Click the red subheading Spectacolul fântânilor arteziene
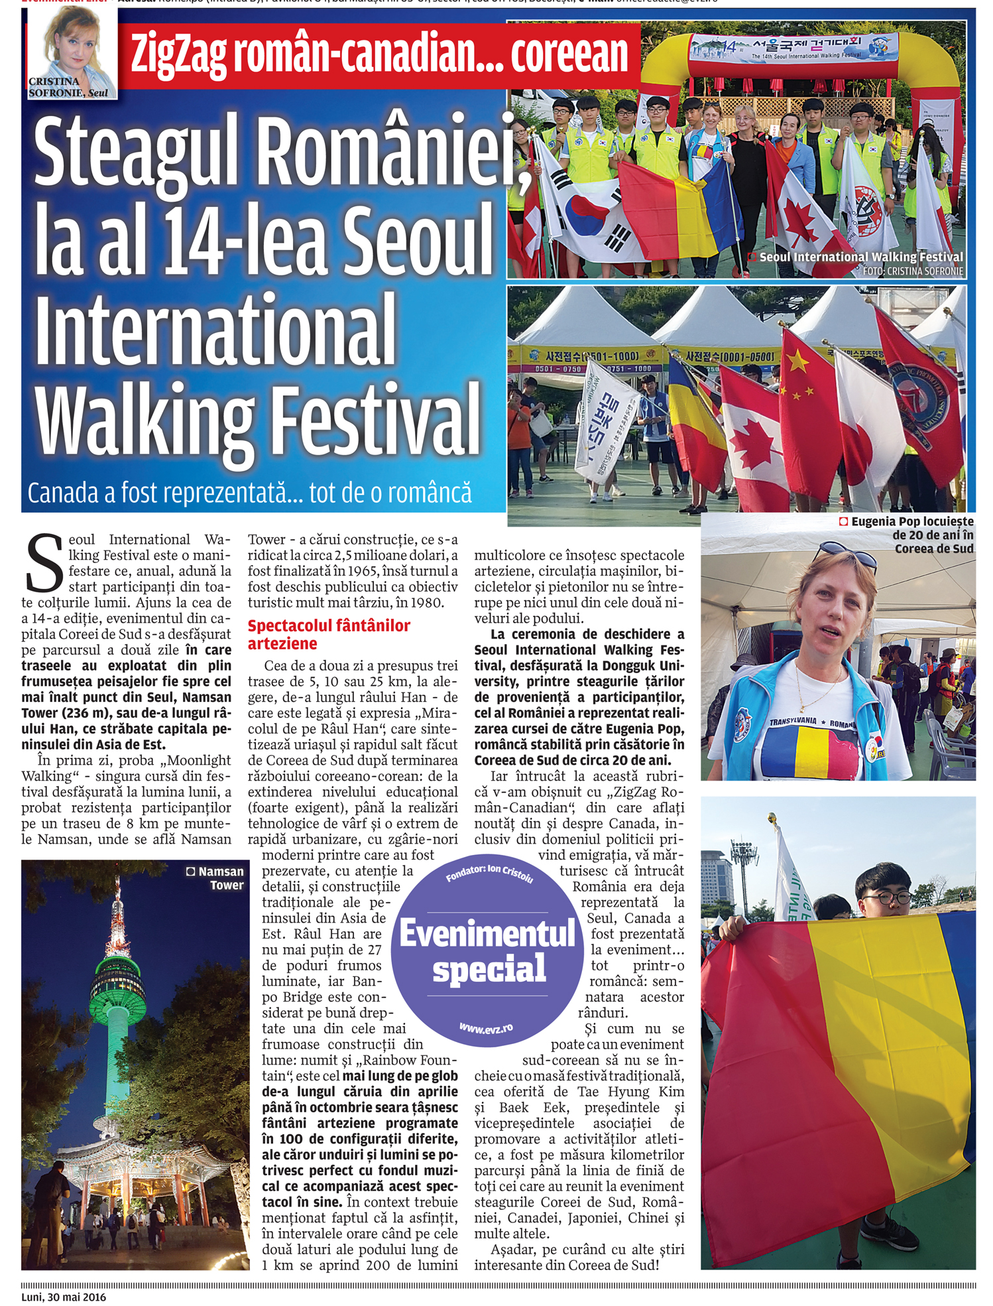pyautogui.click(x=329, y=634)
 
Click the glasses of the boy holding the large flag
pyautogui.click(x=895, y=899)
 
